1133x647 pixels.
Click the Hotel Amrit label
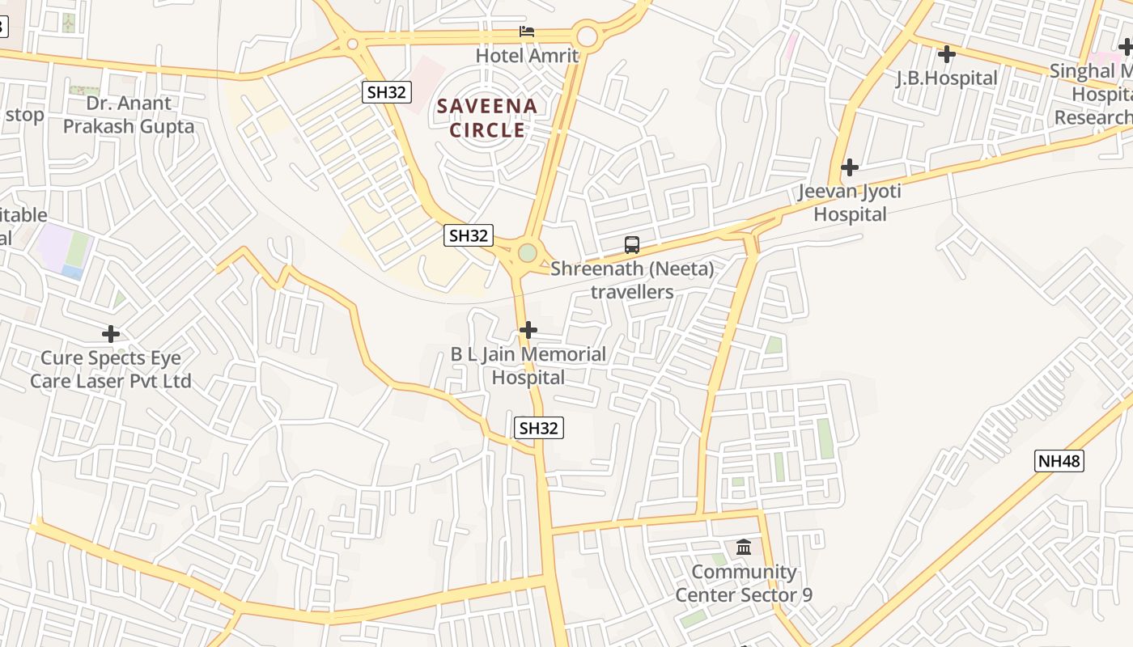pos(527,56)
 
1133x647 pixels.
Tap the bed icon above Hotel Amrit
pos(527,32)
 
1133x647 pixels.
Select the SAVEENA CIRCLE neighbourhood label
pos(487,118)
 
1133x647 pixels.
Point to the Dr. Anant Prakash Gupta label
pos(129,115)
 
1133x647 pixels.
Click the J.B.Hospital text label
pos(946,78)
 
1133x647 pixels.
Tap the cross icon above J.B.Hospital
pos(946,54)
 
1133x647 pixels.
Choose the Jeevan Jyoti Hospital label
pos(849,203)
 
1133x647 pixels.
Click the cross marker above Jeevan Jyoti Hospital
pos(849,167)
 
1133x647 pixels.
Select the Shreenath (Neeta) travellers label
pos(632,280)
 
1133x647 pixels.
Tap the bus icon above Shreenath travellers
pos(632,244)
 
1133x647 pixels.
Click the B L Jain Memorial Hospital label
pos(528,366)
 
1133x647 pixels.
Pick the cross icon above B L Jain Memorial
pos(528,330)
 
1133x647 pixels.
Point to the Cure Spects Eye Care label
pos(111,370)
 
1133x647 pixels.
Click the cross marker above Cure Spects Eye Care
pos(111,333)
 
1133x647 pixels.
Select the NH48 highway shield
pos(1059,461)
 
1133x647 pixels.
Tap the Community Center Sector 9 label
pos(744,583)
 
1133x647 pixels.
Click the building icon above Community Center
pos(744,548)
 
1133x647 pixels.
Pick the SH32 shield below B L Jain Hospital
pos(538,428)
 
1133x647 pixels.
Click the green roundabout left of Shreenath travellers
pos(527,253)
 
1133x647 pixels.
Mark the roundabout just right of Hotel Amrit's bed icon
pos(587,36)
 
